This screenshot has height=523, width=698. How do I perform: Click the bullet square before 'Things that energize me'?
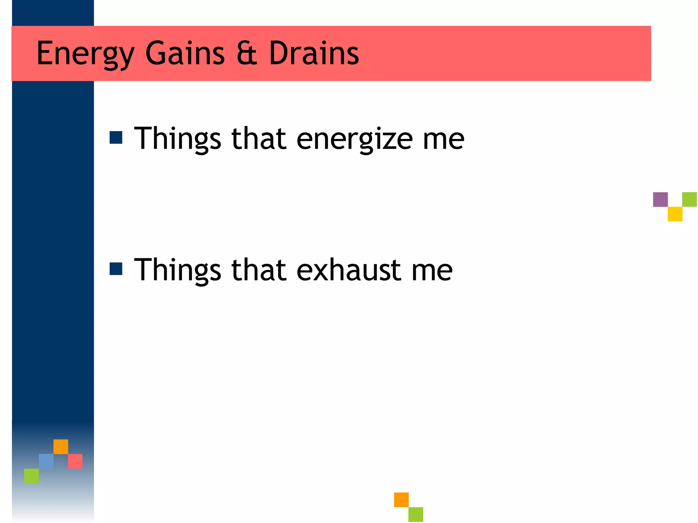point(116,138)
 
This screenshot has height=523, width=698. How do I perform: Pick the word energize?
point(354,139)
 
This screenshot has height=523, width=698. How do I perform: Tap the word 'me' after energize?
point(443,139)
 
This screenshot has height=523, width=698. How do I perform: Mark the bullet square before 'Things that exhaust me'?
point(116,269)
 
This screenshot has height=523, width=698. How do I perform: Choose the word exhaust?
point(349,270)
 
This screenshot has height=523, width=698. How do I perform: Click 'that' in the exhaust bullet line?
point(259,270)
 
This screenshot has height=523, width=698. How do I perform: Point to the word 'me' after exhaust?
point(432,270)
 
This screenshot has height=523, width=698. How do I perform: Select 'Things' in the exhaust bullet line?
point(178,270)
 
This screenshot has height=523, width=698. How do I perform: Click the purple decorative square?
point(660,200)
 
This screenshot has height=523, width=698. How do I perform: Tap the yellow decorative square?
point(675,214)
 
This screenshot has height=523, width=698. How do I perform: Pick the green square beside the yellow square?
point(689,200)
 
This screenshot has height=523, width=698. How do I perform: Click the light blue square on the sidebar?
point(46,461)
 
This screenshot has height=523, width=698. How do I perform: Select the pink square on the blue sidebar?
point(75,461)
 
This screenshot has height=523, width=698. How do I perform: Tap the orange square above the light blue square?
point(61,446)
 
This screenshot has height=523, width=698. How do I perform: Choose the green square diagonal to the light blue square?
point(31,476)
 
